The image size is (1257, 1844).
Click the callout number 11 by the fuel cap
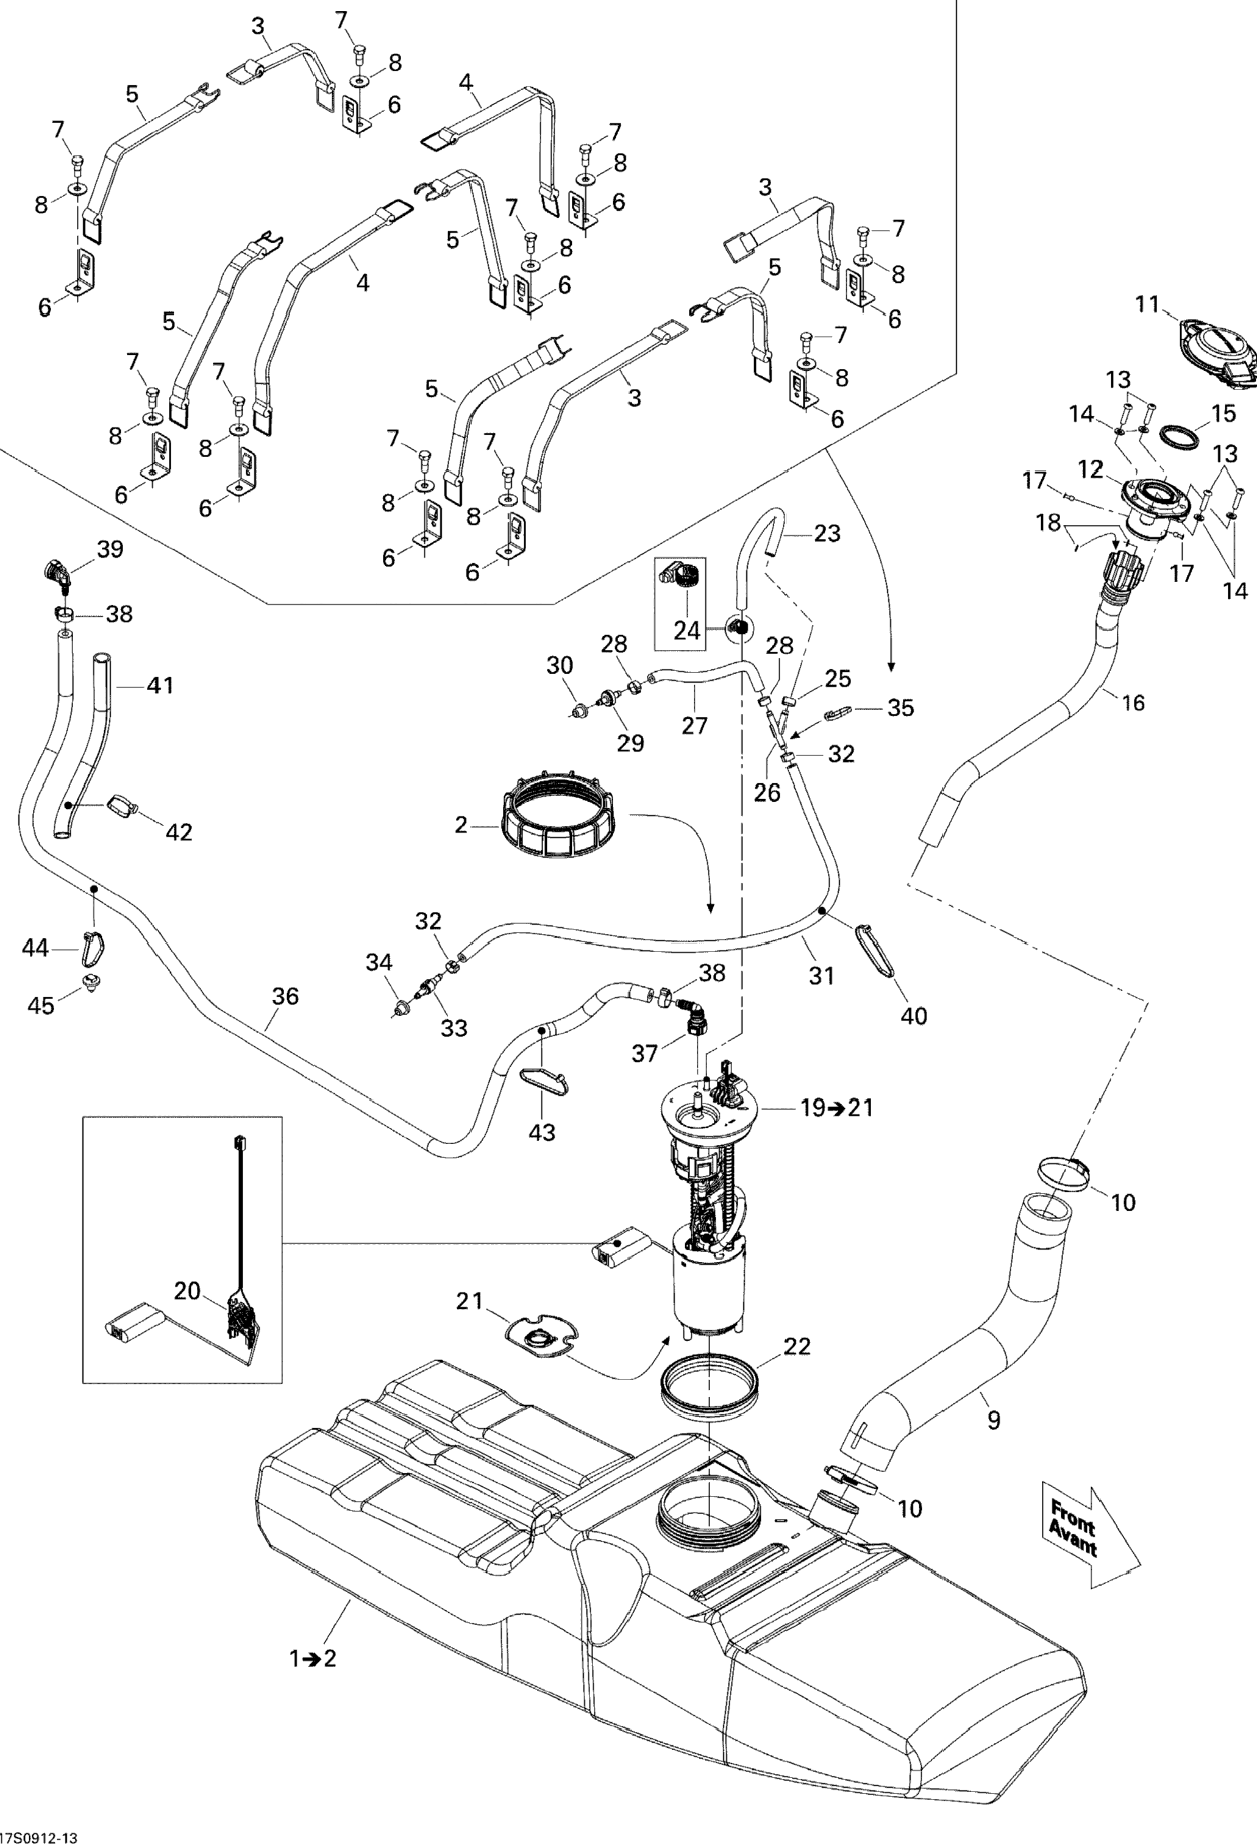tap(1147, 305)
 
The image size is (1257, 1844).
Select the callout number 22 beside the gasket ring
tap(797, 1347)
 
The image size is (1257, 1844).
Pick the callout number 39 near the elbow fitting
tap(110, 549)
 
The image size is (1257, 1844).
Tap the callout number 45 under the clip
tap(41, 1006)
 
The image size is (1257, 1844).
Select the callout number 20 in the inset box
tap(187, 1292)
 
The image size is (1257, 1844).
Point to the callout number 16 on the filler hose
tap(1134, 702)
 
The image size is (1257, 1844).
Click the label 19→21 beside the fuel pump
tap(836, 1108)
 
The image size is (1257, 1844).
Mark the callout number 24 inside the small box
tap(687, 631)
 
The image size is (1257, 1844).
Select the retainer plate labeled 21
tap(542, 1337)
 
